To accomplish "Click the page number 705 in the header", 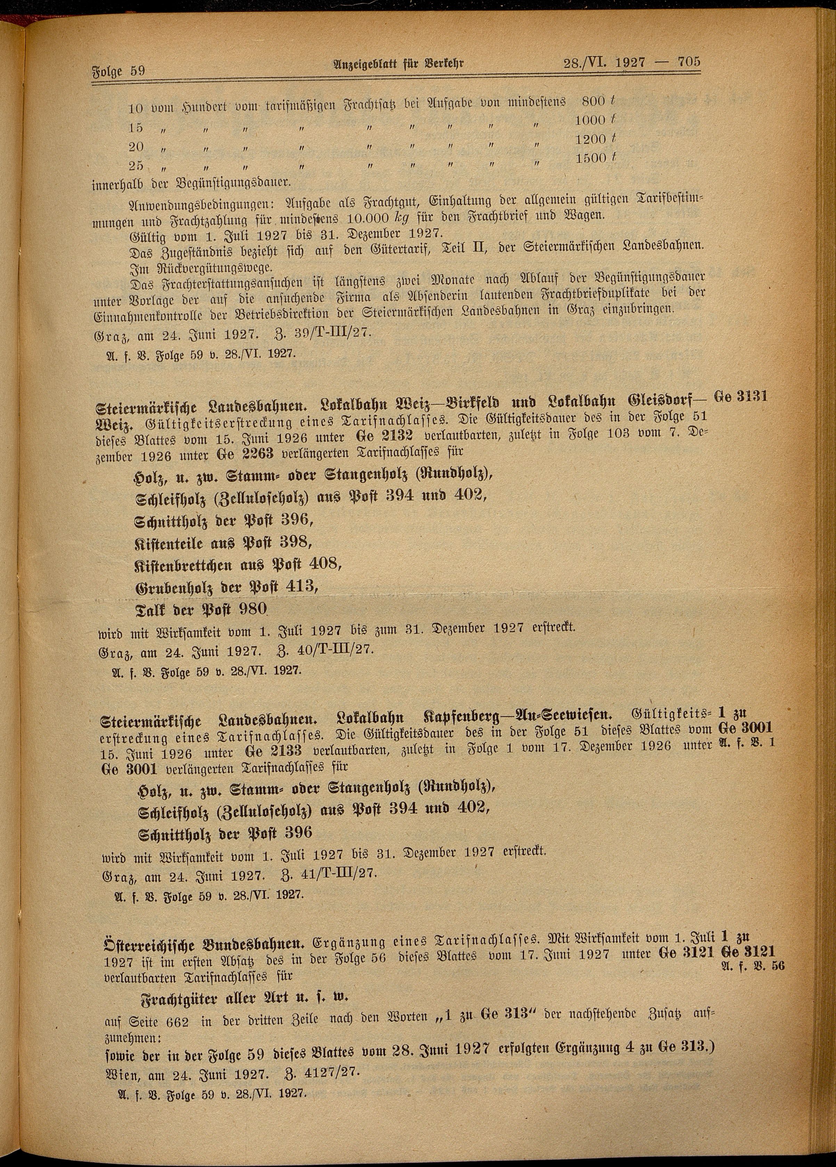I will point(689,62).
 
